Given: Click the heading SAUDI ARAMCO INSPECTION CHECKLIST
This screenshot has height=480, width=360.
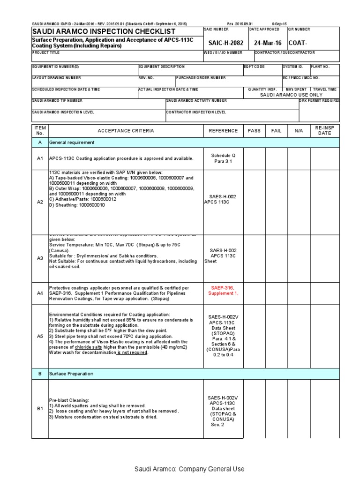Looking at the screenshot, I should point(104,31).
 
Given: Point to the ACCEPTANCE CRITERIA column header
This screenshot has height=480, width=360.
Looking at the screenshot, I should point(126,131).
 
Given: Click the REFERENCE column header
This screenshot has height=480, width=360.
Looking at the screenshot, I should point(223,131).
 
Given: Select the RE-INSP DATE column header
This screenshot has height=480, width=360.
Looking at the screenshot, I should point(324,131).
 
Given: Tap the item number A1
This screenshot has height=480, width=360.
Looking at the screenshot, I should point(40,158).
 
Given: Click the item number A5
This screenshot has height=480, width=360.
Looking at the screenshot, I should point(40,336).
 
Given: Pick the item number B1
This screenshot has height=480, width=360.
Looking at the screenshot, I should point(40,409).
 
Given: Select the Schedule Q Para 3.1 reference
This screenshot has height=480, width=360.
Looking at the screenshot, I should point(223,158).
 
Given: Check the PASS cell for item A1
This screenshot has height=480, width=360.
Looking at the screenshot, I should point(254,158).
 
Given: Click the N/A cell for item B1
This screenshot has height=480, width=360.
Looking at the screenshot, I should point(299,409).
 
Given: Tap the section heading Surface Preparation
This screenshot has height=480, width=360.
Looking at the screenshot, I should point(71,374).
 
